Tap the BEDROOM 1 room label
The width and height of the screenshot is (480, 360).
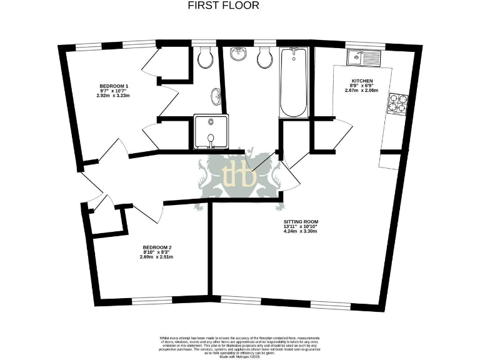[x=114, y=86]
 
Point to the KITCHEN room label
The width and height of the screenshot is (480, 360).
[x=362, y=81]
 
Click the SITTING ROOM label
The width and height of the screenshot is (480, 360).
[x=301, y=221]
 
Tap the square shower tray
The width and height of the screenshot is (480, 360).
[x=211, y=132]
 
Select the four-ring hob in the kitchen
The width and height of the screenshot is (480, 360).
[x=397, y=104]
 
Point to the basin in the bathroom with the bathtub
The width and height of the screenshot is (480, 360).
[x=237, y=55]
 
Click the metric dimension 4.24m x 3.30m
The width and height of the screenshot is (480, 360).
[x=301, y=231]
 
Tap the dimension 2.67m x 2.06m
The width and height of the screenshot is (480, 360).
[x=362, y=90]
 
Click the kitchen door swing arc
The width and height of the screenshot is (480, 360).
[x=344, y=134]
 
